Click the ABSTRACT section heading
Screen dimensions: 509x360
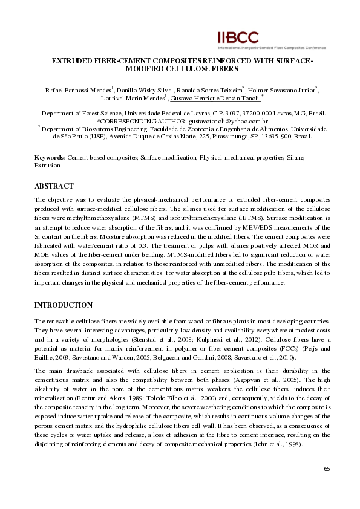click(x=54, y=186)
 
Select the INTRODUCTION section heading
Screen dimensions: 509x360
click(x=64, y=305)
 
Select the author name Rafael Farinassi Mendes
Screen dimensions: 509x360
click(x=78, y=89)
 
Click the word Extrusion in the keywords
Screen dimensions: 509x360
click(x=48, y=165)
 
